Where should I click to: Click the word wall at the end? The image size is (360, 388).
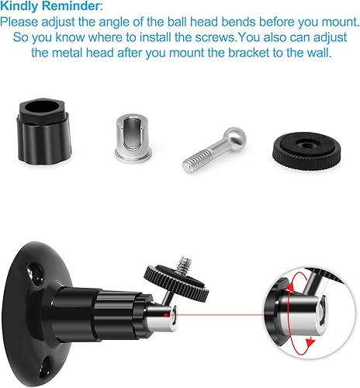point(314,53)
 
